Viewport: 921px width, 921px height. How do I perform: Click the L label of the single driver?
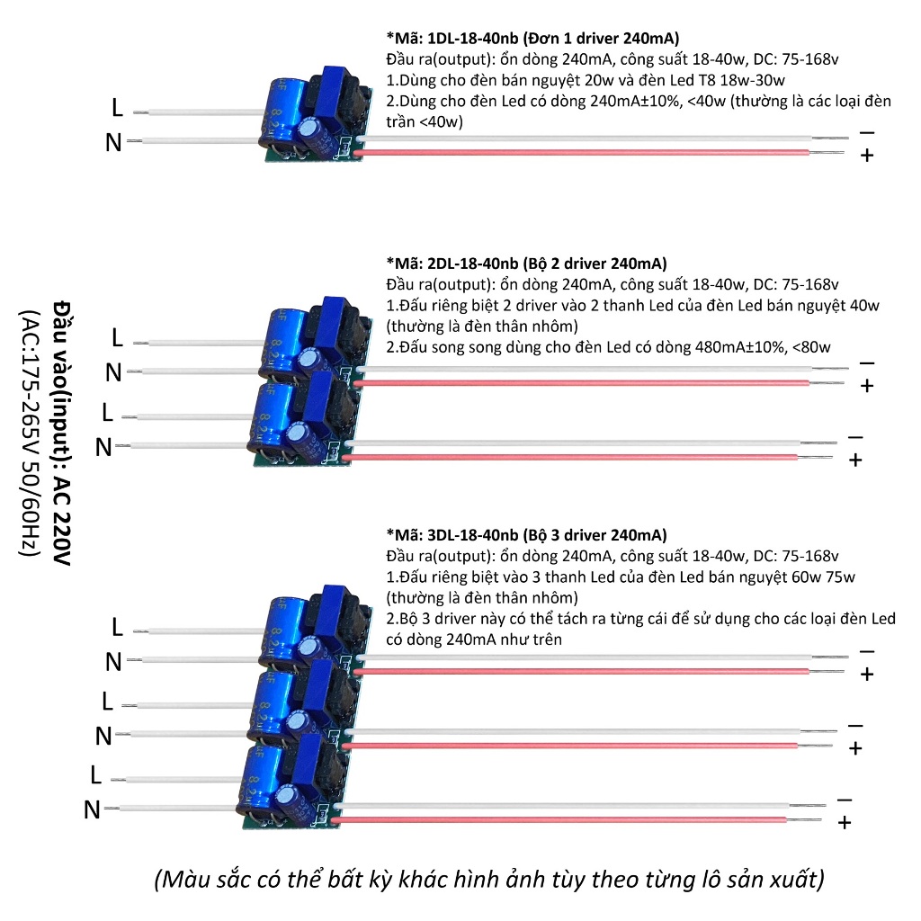pyautogui.click(x=116, y=108)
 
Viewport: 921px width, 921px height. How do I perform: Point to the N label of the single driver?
pyautogui.click(x=113, y=142)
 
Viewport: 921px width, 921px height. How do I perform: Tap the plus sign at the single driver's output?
pyautogui.click(x=867, y=156)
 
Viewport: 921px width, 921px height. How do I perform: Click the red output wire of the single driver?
pyautogui.click(x=585, y=153)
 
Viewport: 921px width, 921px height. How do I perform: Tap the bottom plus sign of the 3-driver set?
pyautogui.click(x=844, y=822)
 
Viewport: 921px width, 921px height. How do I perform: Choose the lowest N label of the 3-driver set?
pyautogui.click(x=92, y=810)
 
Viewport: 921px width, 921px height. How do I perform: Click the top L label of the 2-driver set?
pyautogui.click(x=116, y=338)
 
